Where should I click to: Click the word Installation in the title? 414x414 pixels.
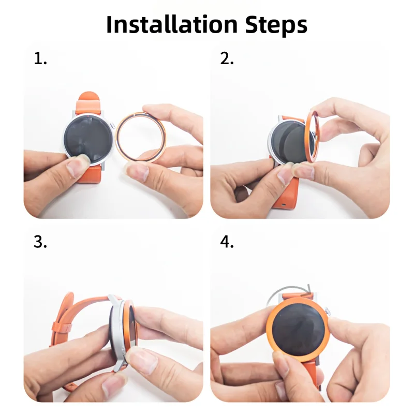point(172,24)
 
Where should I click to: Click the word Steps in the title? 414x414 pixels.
point(276,25)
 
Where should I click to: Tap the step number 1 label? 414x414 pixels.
point(40,58)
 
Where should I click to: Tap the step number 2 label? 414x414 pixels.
point(227,58)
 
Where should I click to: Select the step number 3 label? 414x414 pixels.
point(40,242)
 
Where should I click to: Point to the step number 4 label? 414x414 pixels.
point(227,242)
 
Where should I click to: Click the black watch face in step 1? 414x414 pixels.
point(88,138)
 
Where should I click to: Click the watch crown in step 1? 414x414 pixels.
point(113,126)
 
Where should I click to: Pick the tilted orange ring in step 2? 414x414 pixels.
point(309,137)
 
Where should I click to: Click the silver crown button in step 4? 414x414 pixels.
point(328,312)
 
